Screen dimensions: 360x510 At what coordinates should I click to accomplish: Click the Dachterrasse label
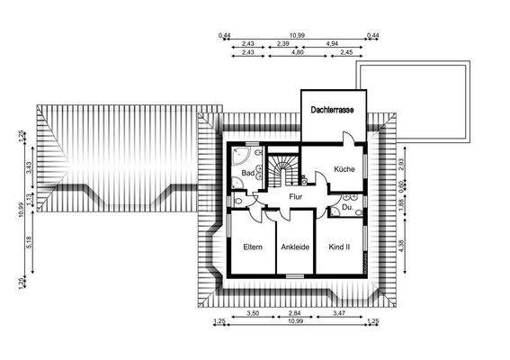[333, 110]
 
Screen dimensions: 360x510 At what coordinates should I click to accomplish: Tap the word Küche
[344, 169]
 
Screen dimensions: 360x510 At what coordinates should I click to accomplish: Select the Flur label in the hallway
[294, 195]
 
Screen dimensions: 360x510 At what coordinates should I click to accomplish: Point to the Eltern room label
[253, 247]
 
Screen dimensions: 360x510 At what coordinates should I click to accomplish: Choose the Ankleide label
[295, 247]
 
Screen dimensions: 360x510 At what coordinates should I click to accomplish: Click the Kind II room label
[339, 247]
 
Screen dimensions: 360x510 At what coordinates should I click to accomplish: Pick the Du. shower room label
[346, 209]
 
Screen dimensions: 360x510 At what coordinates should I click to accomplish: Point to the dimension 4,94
[332, 43]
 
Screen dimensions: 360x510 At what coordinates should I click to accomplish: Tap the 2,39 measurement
[282, 43]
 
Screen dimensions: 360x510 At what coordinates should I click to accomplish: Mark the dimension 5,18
[30, 242]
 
